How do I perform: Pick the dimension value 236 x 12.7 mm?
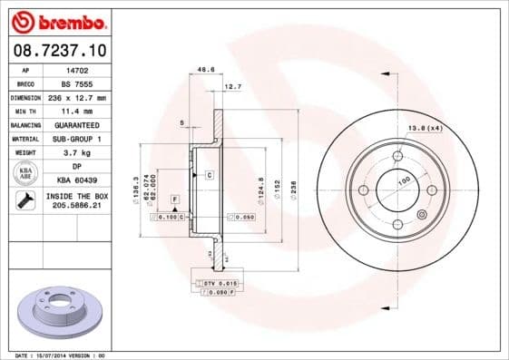76,96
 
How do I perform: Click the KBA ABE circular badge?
26,173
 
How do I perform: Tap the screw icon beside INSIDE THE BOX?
26,200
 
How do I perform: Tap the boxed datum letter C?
209,173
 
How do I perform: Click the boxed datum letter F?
173,198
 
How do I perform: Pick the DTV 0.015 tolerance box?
218,284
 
